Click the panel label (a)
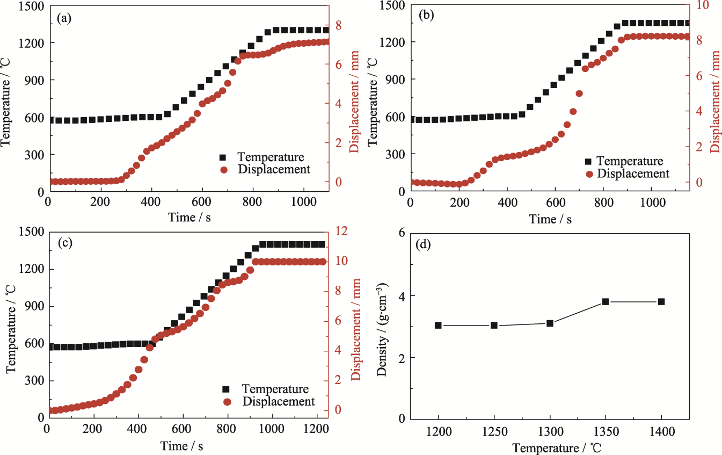(64, 18)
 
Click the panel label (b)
(426, 15)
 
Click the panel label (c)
(64, 242)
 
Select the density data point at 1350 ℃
(606, 302)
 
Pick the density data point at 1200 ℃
(438, 325)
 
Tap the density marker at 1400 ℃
(661, 302)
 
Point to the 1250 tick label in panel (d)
(494, 431)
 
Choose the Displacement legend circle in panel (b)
(589, 174)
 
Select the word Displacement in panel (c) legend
(279, 401)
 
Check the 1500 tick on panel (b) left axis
(392, 5)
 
